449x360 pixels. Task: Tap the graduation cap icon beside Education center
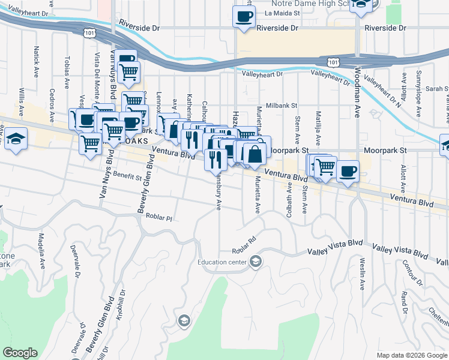256,261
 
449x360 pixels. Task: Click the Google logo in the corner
20,353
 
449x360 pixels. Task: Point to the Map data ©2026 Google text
412,355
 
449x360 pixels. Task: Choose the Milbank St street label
282,105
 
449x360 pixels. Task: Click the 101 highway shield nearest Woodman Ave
334,61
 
